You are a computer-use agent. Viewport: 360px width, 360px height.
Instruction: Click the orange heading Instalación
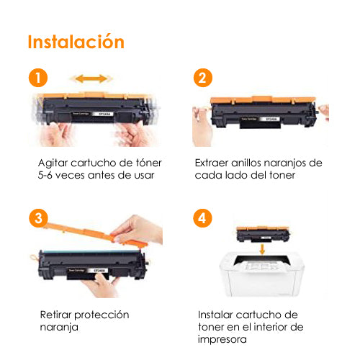point(76,42)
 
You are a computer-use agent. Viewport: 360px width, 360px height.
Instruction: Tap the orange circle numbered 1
point(38,78)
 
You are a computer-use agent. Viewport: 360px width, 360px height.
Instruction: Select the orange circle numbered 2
point(203,78)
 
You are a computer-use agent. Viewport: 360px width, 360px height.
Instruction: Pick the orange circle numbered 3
point(38,218)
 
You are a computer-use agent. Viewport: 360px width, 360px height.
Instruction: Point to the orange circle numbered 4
point(202,218)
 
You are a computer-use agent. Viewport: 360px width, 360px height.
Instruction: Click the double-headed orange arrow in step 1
point(91,78)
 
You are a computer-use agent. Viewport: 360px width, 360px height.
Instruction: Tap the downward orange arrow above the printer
point(262,249)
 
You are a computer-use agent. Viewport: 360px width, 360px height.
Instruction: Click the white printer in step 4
point(262,275)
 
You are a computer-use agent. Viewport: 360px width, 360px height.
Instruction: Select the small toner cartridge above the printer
point(263,234)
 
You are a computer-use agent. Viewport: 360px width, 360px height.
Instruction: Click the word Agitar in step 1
point(53,163)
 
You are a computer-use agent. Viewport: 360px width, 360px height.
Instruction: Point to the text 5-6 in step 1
point(45,175)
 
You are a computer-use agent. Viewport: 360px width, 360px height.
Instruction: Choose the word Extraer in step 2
point(212,163)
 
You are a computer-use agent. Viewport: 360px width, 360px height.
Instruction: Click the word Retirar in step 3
point(55,315)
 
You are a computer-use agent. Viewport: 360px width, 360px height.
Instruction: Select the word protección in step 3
point(102,315)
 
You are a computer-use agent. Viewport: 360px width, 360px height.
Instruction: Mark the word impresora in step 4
point(222,340)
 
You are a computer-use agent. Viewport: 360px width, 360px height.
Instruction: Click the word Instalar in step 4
point(215,315)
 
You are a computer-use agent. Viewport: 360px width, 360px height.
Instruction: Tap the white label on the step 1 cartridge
point(105,114)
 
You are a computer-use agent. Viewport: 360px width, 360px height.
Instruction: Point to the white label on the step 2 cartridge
point(271,119)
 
